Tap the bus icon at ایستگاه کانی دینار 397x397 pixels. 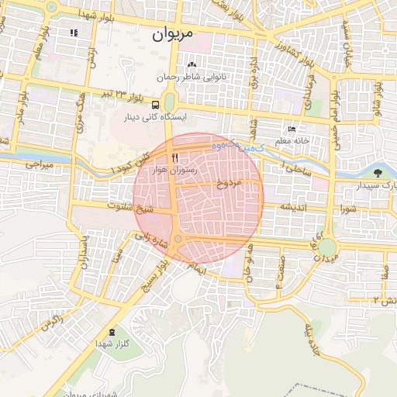(x=156, y=105)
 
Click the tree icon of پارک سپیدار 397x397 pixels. (x=378, y=173)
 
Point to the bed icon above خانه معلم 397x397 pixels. (x=292, y=129)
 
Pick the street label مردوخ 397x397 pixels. (x=230, y=183)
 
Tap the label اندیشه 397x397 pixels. (x=296, y=207)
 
